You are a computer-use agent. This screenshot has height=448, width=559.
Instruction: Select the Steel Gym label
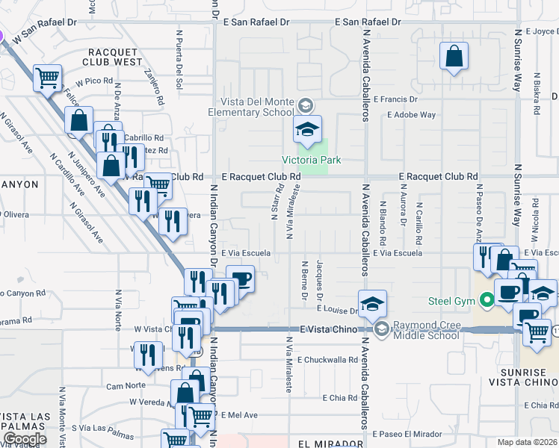(x=453, y=301)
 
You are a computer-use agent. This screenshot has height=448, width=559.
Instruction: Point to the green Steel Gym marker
(x=488, y=301)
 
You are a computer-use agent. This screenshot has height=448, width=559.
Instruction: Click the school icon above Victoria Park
(x=307, y=130)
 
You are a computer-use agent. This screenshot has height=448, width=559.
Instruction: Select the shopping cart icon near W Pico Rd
(x=47, y=77)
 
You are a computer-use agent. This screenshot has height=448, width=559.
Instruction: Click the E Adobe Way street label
(x=411, y=115)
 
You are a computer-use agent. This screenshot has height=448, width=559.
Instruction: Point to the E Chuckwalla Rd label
(x=327, y=360)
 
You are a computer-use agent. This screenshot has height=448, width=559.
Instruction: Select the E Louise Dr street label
(x=338, y=310)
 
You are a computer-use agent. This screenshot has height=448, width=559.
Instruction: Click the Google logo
(x=24, y=439)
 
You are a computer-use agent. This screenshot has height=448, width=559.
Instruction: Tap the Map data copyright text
(x=528, y=442)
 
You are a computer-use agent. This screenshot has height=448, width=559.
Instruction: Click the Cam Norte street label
(x=126, y=386)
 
